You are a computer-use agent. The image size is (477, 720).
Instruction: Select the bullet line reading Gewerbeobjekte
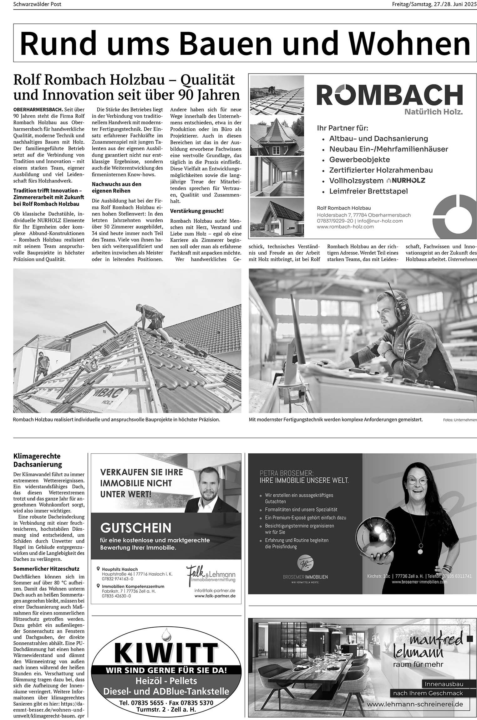coord(359,160)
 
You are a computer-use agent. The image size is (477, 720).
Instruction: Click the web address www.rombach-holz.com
coord(345,227)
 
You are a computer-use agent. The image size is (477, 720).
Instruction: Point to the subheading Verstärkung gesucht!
coord(197,211)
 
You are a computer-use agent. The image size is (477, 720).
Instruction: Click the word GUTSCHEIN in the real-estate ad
coord(136,528)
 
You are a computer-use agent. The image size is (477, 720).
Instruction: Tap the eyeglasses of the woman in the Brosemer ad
coord(419,482)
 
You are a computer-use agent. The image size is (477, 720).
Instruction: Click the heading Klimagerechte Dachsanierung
coord(37,460)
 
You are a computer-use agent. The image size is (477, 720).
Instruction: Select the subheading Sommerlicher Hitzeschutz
coord(46,568)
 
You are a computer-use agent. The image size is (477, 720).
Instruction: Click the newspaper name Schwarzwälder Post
coord(37,4)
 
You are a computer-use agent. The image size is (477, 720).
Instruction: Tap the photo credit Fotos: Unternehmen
coord(460,420)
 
